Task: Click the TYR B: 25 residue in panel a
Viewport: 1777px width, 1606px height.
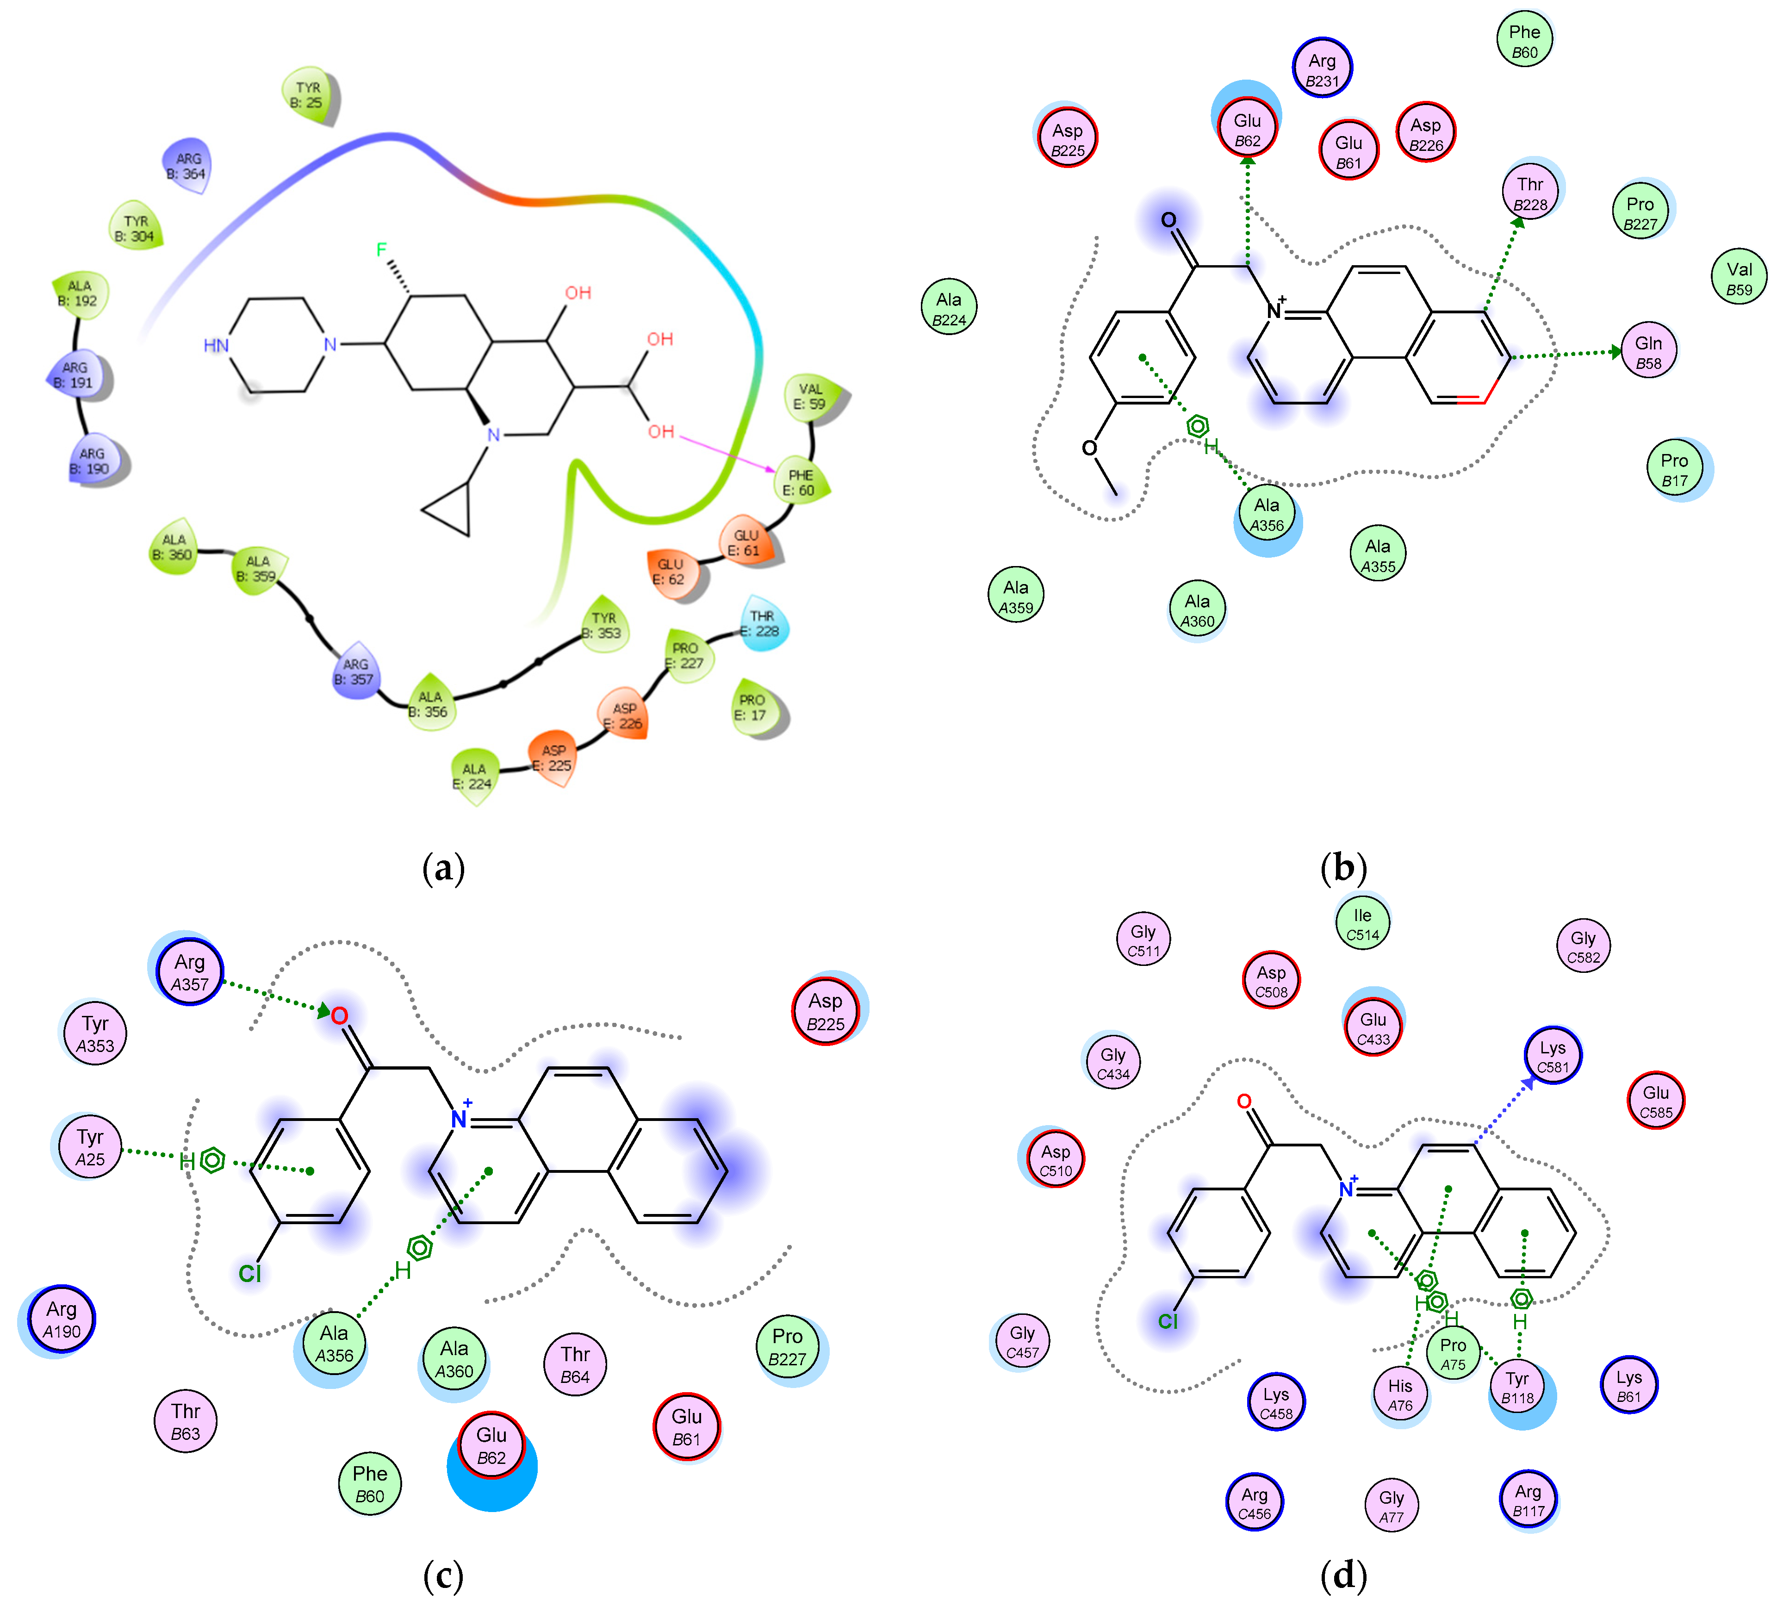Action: (x=309, y=94)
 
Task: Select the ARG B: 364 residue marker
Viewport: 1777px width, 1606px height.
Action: (x=187, y=166)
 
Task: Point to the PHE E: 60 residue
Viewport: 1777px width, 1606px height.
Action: (x=801, y=482)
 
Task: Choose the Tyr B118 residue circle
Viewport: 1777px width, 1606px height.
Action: (x=1517, y=1387)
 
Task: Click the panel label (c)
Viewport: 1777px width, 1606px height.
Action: (x=443, y=1576)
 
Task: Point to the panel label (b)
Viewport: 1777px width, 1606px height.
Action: (x=1343, y=868)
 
